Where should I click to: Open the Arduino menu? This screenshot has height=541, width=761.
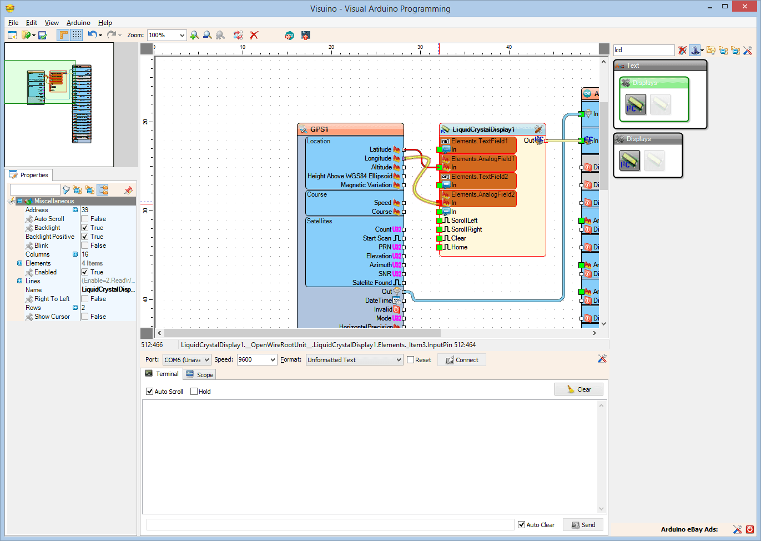tap(78, 23)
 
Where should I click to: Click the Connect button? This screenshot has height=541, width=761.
tap(461, 360)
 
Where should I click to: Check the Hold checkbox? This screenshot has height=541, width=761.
tap(194, 392)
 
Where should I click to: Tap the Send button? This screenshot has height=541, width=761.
tap(583, 525)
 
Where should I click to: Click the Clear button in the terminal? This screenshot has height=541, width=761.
tap(578, 389)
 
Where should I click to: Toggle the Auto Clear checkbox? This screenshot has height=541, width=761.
tap(522, 525)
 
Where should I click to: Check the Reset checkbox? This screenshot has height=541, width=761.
tap(411, 360)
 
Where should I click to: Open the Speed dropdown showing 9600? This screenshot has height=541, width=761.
tap(257, 360)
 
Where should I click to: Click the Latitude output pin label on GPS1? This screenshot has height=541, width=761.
tap(380, 149)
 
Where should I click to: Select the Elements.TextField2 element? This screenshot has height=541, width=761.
tap(479, 177)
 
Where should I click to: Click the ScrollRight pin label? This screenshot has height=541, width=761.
tap(466, 229)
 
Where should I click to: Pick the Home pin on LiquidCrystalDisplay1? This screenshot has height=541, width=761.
tap(459, 247)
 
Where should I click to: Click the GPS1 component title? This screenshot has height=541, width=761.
tap(319, 129)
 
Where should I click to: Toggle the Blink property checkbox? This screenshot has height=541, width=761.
tap(85, 246)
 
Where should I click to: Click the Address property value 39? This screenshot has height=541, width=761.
tap(85, 210)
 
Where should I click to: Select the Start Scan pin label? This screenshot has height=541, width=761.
tap(377, 238)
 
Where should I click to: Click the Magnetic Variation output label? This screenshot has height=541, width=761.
tap(366, 185)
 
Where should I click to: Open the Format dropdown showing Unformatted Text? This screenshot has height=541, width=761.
tap(354, 360)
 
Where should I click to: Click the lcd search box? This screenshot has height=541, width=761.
tap(643, 50)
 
